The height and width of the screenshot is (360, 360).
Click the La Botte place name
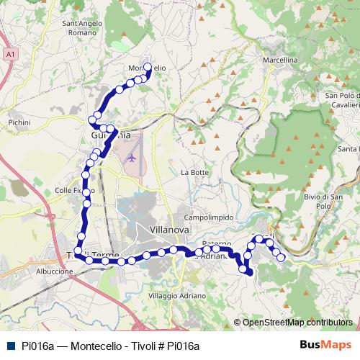tap(194, 173)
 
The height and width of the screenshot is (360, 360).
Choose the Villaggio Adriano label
tap(172, 296)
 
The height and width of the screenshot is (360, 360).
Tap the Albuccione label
tap(55, 271)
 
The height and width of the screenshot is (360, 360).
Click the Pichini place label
tap(19, 124)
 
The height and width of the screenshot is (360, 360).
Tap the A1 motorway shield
tap(9, 54)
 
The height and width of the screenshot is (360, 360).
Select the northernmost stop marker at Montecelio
tap(148, 68)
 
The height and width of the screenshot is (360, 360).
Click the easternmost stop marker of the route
tap(281, 258)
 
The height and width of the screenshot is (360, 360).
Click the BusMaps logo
tap(325, 345)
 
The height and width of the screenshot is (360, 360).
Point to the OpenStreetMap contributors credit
tap(297, 323)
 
